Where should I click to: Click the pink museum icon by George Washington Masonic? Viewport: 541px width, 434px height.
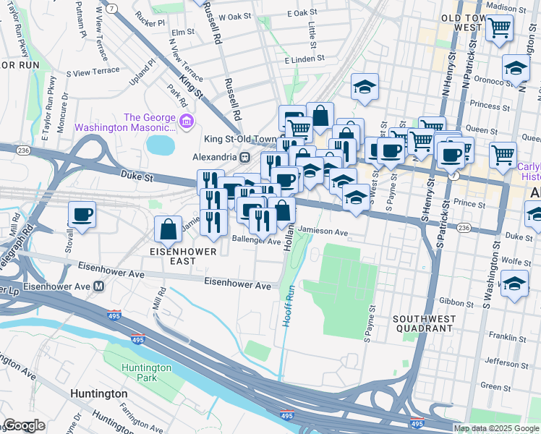tap(187, 119)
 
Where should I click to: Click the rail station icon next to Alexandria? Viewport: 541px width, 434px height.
tap(245, 157)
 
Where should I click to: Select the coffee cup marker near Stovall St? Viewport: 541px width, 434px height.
tap(82, 215)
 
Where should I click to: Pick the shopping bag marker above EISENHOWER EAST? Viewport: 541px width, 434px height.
tap(168, 229)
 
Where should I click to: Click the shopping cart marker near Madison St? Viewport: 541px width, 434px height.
tap(499, 29)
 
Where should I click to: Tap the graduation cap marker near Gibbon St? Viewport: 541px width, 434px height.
tap(514, 284)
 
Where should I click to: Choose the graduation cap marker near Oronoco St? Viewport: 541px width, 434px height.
tap(516, 69)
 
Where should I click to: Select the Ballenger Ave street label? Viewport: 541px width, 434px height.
tap(255, 241)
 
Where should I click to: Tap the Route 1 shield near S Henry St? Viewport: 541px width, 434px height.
tap(453, 176)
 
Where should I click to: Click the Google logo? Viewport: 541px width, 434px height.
tap(24, 425)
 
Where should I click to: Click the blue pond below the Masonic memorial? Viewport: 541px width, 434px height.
tap(161, 145)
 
